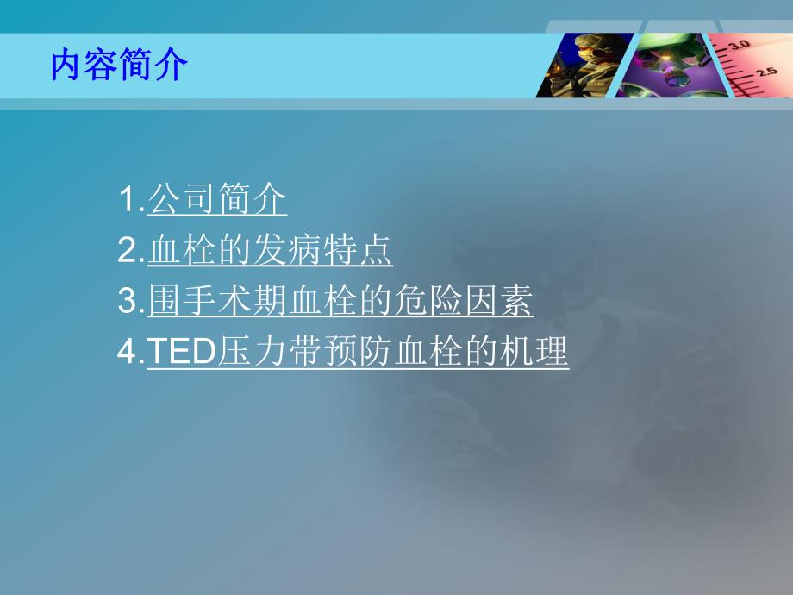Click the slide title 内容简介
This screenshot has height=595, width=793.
[119, 66]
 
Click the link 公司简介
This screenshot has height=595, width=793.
[217, 200]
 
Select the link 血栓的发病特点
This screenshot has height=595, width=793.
[270, 251]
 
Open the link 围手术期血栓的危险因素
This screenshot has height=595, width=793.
[340, 302]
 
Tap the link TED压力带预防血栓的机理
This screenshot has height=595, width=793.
[358, 353]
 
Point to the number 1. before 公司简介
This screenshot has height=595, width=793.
[131, 201]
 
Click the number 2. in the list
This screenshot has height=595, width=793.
[131, 252]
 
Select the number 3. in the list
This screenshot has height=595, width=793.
[131, 303]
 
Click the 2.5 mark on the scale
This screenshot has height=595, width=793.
[766, 72]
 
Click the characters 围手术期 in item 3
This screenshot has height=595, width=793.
[216, 302]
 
